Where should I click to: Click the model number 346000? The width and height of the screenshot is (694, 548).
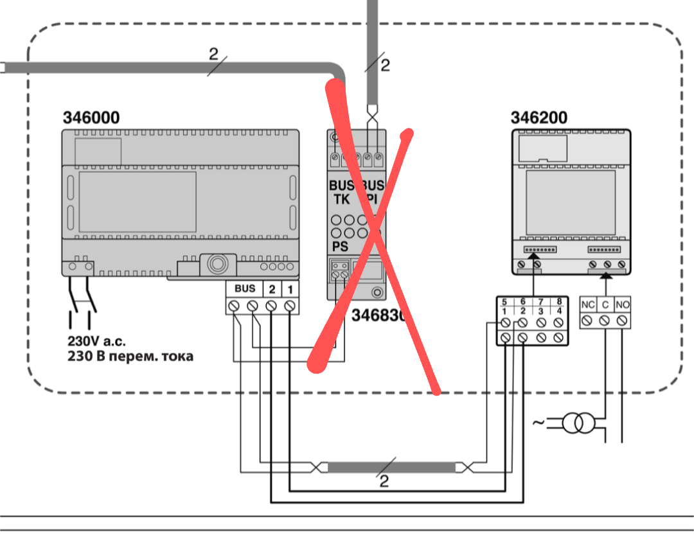tap(91, 118)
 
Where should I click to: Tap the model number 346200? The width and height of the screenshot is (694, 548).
tap(539, 118)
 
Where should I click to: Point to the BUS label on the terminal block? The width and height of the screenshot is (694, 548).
tap(245, 288)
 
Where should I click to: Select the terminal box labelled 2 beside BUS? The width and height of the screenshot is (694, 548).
tap(272, 288)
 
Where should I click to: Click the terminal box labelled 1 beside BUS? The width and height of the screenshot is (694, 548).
tap(290, 288)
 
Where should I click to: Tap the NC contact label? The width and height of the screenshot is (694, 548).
tap(587, 303)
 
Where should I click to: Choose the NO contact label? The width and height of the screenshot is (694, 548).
tap(621, 303)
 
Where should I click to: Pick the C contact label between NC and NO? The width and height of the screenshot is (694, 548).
tap(605, 303)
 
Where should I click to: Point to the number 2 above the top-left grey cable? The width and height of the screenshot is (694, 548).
tap(213, 54)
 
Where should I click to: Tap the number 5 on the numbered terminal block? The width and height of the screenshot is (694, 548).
tap(505, 301)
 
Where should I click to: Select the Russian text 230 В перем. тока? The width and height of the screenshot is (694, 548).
tap(130, 355)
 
